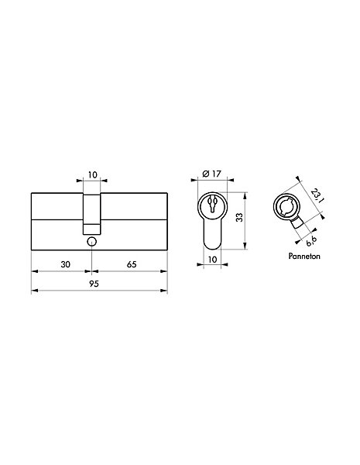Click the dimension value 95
tap(94, 284)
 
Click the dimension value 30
tap(65, 264)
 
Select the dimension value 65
tap(132, 264)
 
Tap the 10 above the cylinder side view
tap(93, 175)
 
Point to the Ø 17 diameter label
tap(211, 174)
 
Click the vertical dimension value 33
tap(240, 217)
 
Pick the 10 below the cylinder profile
tap(212, 260)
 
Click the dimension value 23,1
tap(317, 196)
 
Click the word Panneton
tap(304, 256)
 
